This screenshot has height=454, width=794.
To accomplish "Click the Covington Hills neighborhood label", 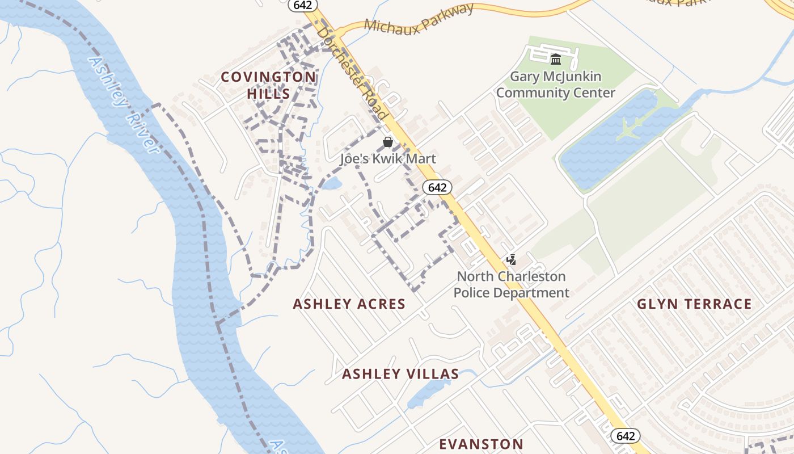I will tap(268, 85).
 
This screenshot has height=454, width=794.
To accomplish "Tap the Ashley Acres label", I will tap(349, 304).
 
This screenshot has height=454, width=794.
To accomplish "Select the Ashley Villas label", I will tap(400, 374).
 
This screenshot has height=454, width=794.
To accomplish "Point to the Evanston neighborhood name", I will tap(482, 444).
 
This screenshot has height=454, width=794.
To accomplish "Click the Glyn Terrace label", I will tap(694, 304).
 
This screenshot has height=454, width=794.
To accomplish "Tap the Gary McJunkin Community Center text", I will tap(556, 85).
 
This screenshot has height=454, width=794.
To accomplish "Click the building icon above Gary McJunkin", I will tap(556, 59).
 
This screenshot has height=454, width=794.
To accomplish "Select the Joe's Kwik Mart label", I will tap(388, 158).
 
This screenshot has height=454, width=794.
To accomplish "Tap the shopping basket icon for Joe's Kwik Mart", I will tap(388, 142).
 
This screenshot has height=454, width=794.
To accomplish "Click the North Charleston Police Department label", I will tap(512, 285).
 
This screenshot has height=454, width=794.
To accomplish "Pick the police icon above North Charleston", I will tap(511, 260).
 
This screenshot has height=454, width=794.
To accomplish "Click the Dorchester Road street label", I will tap(353, 74).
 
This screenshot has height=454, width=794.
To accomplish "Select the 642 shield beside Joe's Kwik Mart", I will tap(437, 187).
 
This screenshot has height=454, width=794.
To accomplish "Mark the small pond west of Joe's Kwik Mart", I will tap(332, 183).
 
